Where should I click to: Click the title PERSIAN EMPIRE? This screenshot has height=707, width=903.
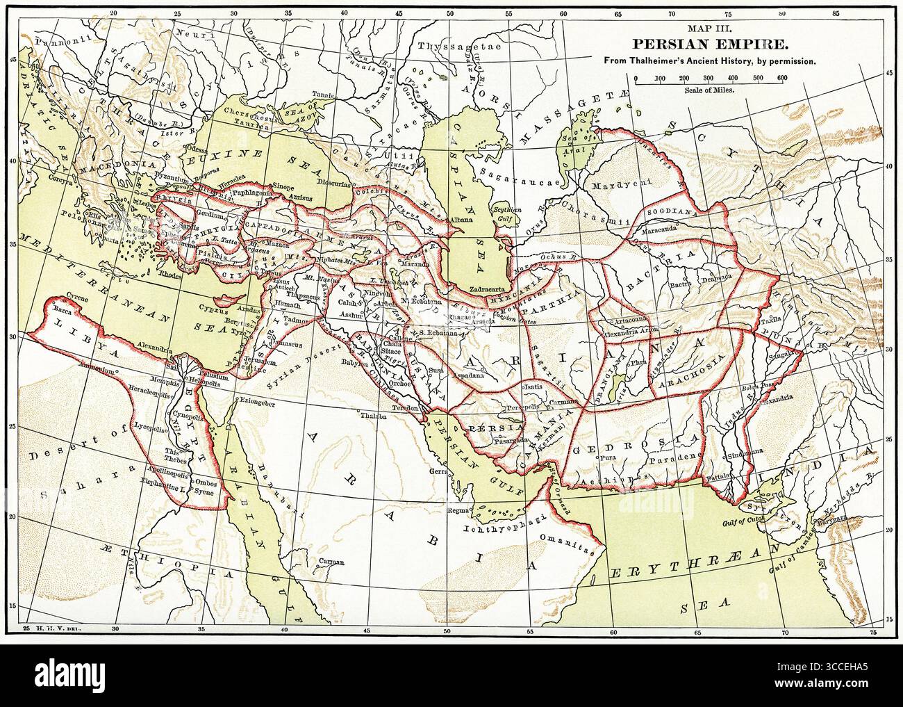[x=719, y=44]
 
